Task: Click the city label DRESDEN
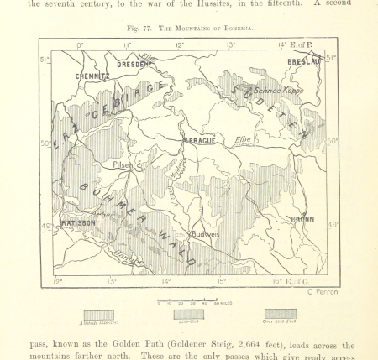coord(133,64)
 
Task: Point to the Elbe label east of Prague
coord(243,138)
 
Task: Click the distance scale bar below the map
coord(188,299)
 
